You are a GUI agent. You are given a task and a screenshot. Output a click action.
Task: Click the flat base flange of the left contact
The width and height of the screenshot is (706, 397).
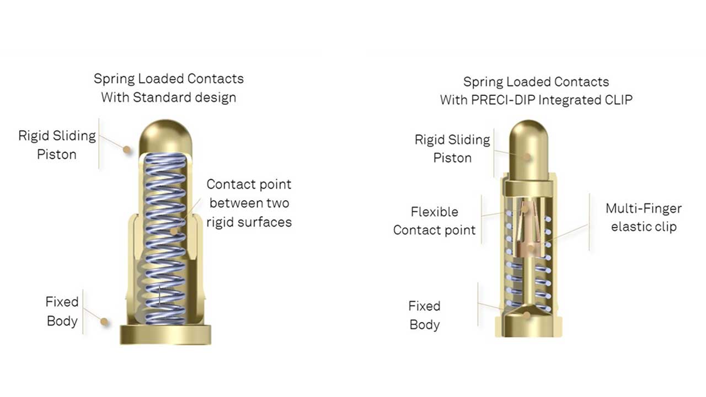[165, 334]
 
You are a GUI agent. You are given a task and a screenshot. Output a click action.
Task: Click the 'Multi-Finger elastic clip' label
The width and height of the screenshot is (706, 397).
[643, 217]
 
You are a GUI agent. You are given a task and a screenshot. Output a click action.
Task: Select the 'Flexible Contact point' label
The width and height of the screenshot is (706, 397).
[434, 221]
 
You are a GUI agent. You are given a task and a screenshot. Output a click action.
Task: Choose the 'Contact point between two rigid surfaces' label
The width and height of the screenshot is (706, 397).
[249, 203]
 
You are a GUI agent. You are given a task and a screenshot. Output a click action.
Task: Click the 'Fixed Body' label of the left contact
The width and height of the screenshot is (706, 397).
[62, 311]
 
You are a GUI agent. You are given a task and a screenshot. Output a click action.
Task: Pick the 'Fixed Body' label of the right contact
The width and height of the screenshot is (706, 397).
[424, 315]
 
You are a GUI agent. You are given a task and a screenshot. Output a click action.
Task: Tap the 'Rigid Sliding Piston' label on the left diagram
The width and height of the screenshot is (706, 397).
[57, 144]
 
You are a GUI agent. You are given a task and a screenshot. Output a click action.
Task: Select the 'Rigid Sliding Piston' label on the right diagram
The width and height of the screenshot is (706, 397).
[452, 148]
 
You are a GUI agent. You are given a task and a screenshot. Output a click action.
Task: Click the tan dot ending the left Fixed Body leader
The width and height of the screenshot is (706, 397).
[104, 321]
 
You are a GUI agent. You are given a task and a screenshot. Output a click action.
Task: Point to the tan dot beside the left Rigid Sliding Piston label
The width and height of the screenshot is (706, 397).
[127, 149]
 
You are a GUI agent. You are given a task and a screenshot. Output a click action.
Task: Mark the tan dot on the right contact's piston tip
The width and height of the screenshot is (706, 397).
[527, 157]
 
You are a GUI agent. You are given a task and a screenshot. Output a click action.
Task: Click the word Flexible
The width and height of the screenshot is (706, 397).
[434, 212]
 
